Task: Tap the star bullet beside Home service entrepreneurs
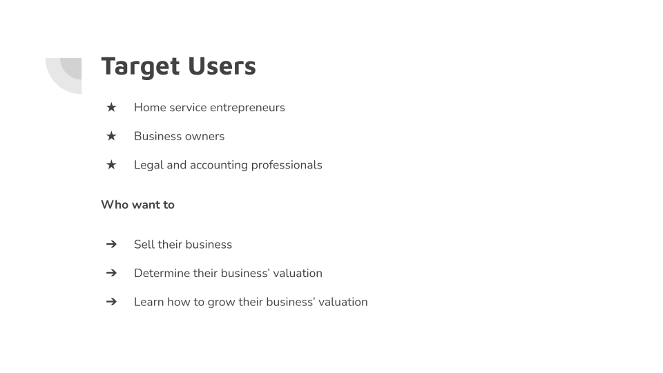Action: (x=111, y=107)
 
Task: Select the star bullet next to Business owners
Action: (x=111, y=136)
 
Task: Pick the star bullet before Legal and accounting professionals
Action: (x=111, y=164)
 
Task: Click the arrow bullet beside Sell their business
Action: (x=111, y=245)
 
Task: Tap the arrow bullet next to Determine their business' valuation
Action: (x=111, y=273)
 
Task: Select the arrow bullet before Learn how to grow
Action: (x=111, y=302)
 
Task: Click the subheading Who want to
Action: (x=137, y=204)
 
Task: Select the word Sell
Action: (x=144, y=245)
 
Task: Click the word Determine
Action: (x=162, y=273)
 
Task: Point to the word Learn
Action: (x=148, y=302)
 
